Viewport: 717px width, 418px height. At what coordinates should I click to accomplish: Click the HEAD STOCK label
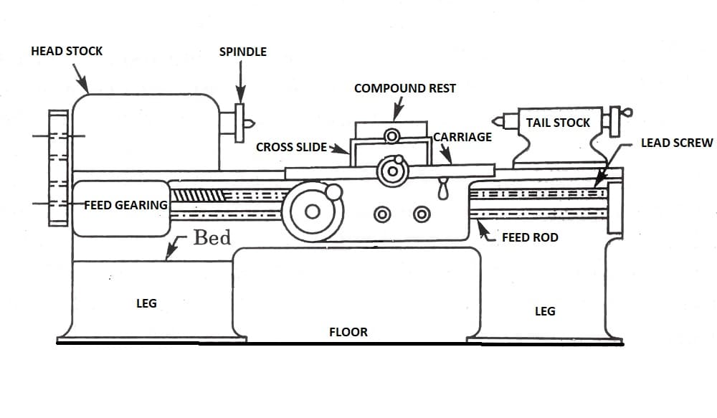coord(67,51)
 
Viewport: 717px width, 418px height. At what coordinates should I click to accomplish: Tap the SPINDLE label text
coord(242,52)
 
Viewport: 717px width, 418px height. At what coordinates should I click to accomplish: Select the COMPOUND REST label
coord(404,88)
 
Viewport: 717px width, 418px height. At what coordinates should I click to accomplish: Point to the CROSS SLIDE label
coord(291,147)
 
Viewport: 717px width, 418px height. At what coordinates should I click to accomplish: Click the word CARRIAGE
coord(462,137)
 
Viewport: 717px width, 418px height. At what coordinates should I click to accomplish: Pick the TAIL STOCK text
coord(558,123)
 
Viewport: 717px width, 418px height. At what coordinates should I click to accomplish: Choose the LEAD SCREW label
coord(677,143)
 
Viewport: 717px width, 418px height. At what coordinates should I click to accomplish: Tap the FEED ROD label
coord(530,237)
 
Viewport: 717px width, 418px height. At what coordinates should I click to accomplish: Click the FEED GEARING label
coord(126,205)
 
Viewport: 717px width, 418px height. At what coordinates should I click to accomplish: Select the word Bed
coord(212,237)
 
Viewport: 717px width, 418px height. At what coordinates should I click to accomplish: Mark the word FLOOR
coord(348,332)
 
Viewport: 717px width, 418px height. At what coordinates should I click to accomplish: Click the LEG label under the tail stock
coord(545,311)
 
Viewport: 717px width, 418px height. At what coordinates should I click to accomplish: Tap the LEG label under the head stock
coord(146,303)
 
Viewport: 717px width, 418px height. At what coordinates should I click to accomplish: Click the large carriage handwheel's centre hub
coord(313,212)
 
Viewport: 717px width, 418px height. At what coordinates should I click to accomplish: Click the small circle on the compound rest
coord(391,136)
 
